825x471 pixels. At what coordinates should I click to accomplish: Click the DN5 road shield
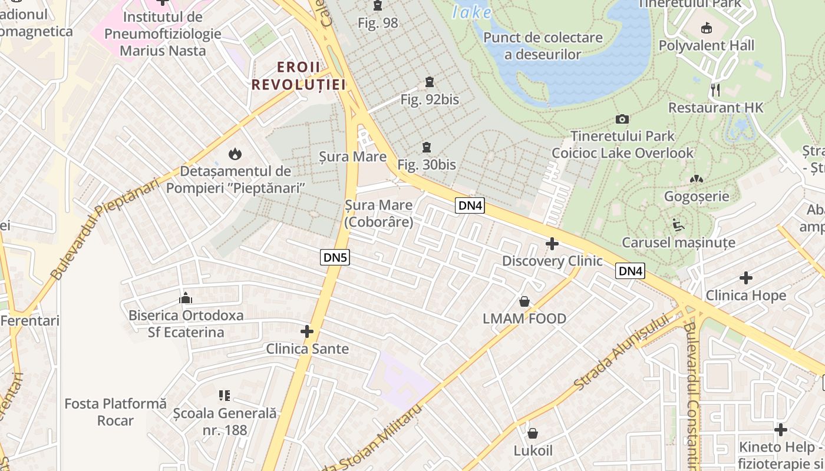click(335, 257)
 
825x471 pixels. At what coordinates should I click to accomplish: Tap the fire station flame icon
click(235, 155)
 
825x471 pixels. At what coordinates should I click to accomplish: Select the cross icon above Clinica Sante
click(307, 332)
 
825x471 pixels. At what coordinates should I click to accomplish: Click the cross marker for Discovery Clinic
click(552, 244)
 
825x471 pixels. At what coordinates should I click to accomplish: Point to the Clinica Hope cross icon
click(746, 278)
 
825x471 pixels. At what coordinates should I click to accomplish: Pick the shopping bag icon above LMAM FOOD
click(524, 302)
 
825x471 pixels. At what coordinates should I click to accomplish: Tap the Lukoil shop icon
click(533, 434)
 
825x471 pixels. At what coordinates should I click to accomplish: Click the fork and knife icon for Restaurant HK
click(715, 90)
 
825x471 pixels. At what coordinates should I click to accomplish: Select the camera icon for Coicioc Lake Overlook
click(622, 120)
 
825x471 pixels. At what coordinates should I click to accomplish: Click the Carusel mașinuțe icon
click(678, 225)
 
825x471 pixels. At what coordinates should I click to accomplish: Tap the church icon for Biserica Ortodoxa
click(186, 298)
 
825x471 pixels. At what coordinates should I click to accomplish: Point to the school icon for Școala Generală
click(224, 396)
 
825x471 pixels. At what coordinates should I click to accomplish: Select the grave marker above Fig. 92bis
click(429, 82)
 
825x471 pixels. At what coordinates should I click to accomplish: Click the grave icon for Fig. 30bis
click(426, 147)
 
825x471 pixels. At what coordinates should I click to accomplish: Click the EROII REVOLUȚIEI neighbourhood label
click(298, 75)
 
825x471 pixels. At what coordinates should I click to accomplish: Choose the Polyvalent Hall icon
click(706, 28)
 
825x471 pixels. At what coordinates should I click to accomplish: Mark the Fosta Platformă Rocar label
click(115, 412)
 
